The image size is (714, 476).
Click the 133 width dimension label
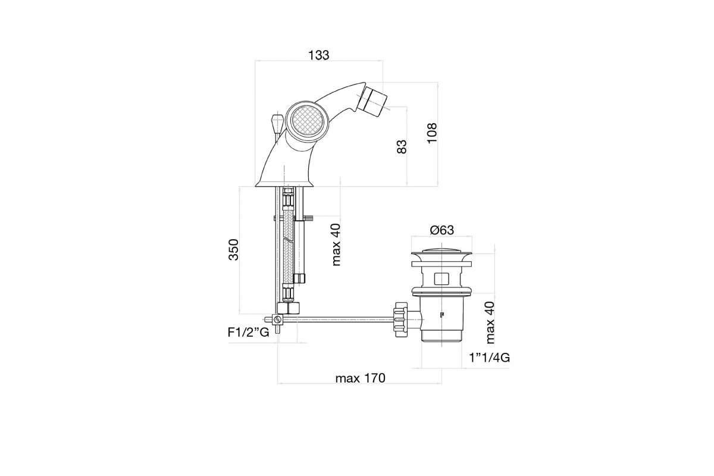318,55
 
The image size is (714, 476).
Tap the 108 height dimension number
432,133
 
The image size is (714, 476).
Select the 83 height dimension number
402,146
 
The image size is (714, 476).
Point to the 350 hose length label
233,249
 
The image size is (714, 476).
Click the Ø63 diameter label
441,230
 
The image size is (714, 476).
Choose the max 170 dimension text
360,378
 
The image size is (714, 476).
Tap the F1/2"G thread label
248,332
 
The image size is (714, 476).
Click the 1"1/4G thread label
489,358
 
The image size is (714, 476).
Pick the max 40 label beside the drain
489,322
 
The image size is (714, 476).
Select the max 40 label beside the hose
336,245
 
